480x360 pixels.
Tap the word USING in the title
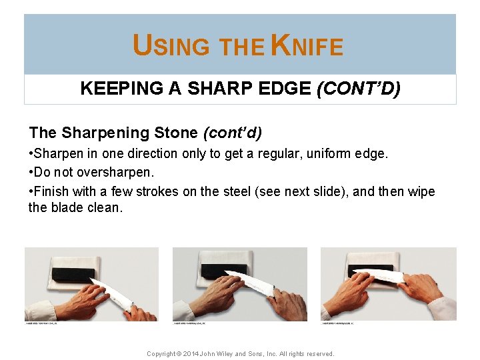pyautogui.click(x=171, y=46)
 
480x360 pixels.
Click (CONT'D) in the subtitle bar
pyautogui.click(x=359, y=89)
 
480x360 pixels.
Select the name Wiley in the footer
pyautogui.click(x=243, y=353)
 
